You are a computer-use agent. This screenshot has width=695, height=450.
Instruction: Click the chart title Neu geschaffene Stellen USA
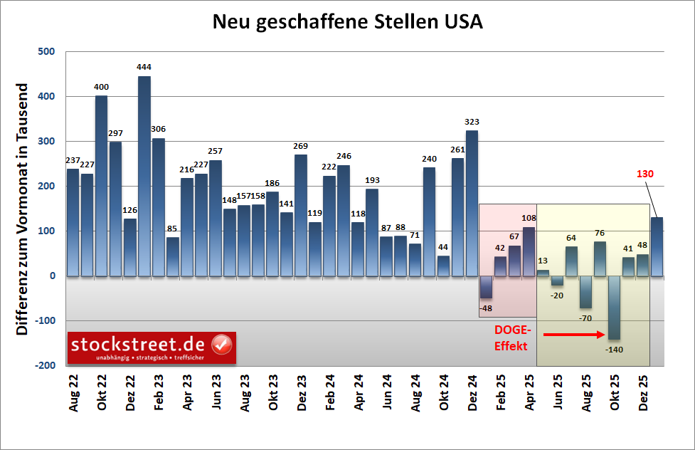(347, 22)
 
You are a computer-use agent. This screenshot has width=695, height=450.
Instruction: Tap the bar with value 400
(101, 185)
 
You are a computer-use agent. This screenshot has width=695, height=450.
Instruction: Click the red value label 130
(644, 174)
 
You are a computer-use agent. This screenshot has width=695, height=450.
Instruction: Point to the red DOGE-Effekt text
(511, 338)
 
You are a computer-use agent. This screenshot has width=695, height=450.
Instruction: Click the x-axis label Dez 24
(472, 392)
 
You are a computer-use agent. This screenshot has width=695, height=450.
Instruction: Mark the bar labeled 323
(472, 203)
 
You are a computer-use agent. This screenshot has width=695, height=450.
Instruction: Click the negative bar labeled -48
(486, 287)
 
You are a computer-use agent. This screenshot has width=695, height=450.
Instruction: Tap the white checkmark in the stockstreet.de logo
(223, 345)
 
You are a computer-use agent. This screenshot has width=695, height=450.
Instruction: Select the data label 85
(172, 229)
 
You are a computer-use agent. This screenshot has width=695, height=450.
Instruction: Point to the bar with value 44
(443, 266)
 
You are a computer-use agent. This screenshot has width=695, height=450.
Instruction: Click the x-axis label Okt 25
(615, 392)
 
